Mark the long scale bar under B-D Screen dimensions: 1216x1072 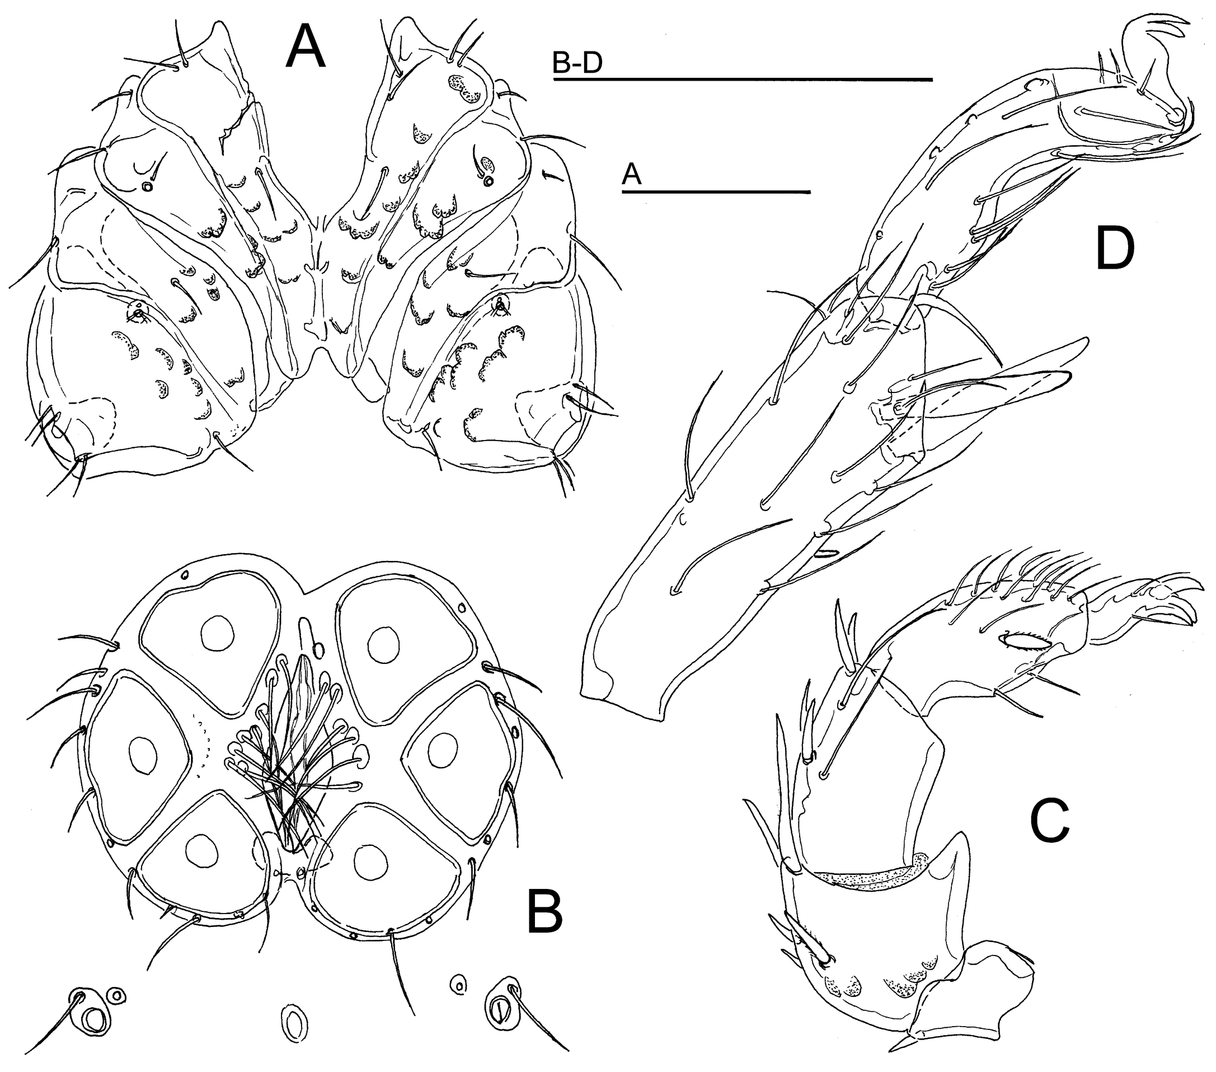click(x=743, y=78)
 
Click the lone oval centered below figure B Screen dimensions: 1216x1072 click(x=294, y=1024)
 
